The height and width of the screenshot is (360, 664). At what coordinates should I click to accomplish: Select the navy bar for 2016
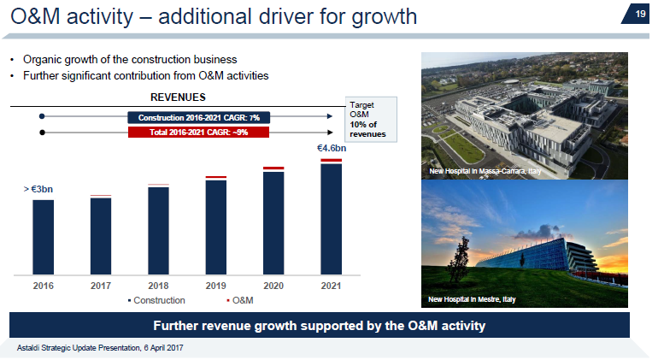click(x=43, y=237)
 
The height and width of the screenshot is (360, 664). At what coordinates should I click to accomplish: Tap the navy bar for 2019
click(x=216, y=227)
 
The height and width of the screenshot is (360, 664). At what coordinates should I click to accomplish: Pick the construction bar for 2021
click(x=332, y=219)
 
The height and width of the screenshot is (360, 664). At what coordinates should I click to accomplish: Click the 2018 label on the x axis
click(x=158, y=286)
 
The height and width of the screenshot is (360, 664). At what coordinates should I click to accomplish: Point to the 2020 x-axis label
click(x=273, y=286)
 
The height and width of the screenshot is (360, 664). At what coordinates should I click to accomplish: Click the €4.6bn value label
click(x=332, y=149)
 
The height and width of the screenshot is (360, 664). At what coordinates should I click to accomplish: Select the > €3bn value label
click(x=38, y=188)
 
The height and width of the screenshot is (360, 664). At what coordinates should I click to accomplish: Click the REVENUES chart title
click(x=179, y=97)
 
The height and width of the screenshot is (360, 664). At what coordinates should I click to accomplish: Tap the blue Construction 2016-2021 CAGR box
click(x=199, y=117)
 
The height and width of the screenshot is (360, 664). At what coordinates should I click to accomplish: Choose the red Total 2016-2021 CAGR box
click(x=199, y=132)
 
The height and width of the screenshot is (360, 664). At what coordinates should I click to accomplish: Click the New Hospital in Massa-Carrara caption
click(x=485, y=172)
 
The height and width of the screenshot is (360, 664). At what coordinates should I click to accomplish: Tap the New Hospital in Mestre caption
click(x=473, y=299)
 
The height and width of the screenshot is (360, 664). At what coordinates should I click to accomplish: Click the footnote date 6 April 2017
click(x=159, y=348)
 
